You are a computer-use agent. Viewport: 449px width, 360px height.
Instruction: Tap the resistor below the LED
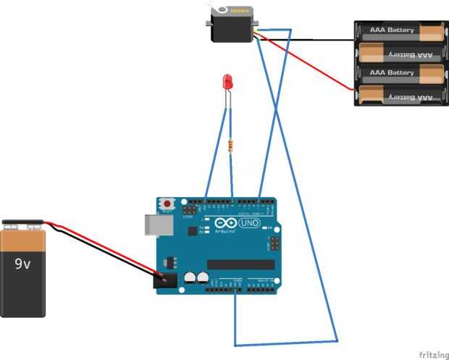click(231, 146)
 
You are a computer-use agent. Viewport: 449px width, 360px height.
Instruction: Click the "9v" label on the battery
click(22, 264)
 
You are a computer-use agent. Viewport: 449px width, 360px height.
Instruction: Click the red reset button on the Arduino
click(168, 204)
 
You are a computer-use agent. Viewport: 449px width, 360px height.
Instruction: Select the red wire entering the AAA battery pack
click(319, 69)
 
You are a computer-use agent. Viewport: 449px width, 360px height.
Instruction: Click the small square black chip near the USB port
click(192, 231)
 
